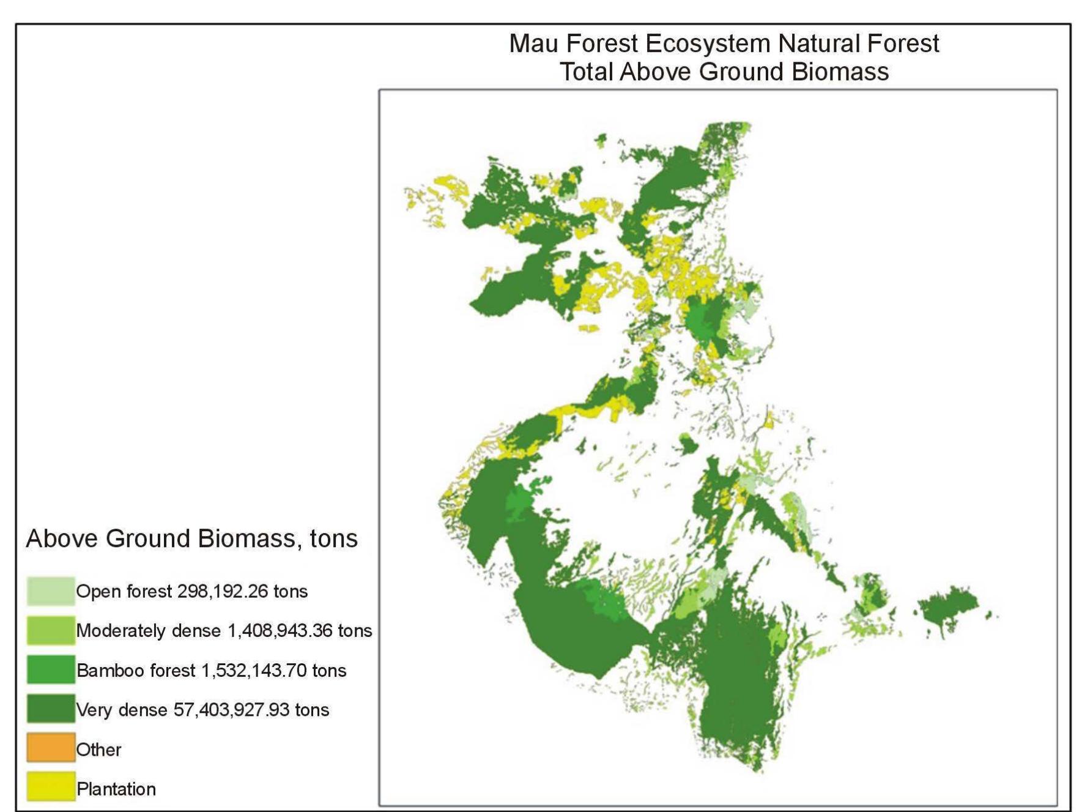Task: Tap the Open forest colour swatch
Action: click(51, 591)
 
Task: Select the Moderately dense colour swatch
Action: click(51, 630)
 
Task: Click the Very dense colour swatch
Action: click(51, 709)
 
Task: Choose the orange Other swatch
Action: click(51, 748)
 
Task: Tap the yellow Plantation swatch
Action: click(51, 788)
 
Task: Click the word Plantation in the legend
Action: click(116, 789)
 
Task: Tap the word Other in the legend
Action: click(98, 750)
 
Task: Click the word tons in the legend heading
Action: click(333, 539)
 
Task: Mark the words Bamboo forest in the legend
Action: click(136, 671)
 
